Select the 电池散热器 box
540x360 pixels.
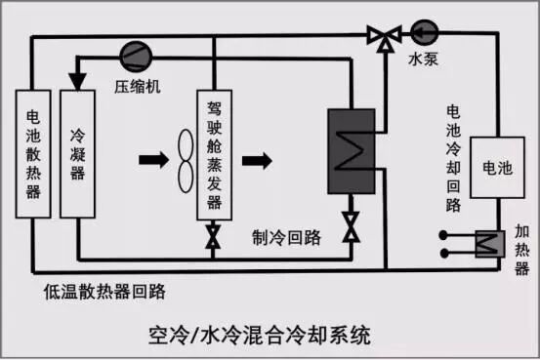coord(33,152)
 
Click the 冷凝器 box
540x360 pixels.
coord(76,152)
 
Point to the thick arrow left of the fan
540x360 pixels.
coord(153,160)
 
